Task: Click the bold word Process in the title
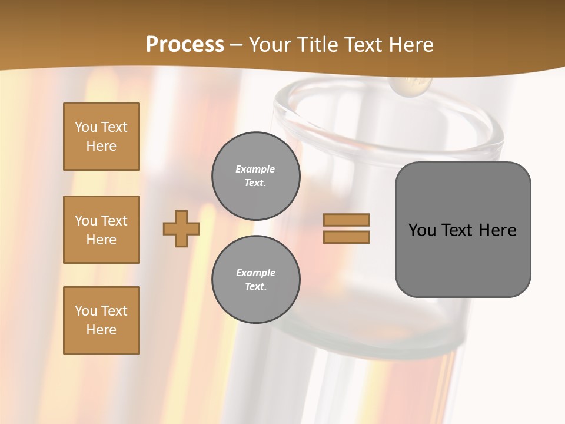[x=185, y=44]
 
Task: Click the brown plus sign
[x=181, y=228]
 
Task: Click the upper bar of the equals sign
[x=346, y=220]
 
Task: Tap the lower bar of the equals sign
[x=346, y=237]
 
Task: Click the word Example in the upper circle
[x=255, y=169]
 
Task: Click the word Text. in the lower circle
[x=255, y=286]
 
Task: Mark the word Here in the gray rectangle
[x=497, y=230]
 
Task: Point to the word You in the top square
[x=86, y=127]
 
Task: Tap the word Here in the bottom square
[x=101, y=330]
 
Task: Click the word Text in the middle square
[x=114, y=221]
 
